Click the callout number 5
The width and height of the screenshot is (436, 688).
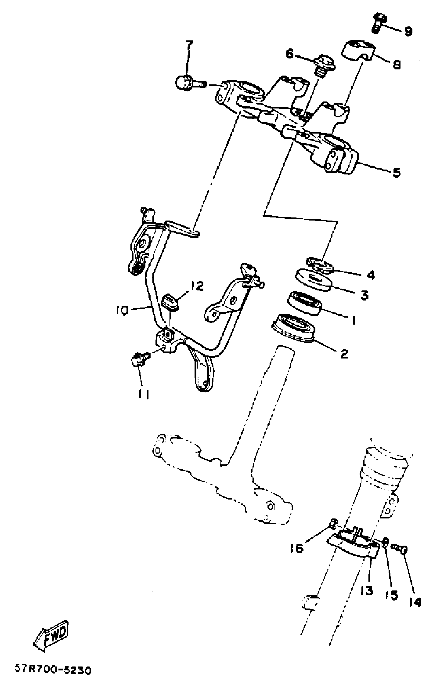(396, 172)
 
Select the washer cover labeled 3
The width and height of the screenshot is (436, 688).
(313, 281)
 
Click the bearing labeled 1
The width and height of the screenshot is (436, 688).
(305, 303)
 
